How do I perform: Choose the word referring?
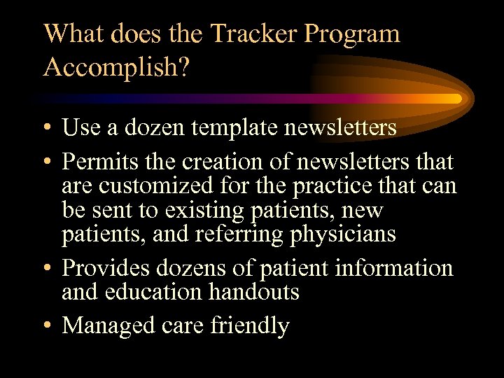(241, 234)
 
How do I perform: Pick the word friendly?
(248, 326)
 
